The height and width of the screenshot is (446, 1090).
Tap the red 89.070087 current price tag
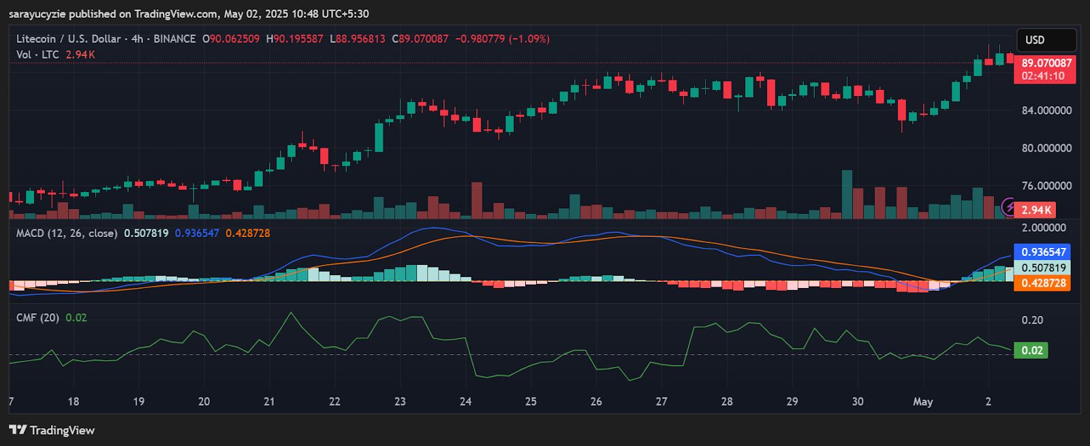1046,63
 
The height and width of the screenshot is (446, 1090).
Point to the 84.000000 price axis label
1046,110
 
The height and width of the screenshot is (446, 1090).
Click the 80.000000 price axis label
1046,148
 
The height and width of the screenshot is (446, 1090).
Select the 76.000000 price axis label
1046,185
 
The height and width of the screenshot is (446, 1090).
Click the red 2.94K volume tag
1035,210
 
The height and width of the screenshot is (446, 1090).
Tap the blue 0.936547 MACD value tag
1043,252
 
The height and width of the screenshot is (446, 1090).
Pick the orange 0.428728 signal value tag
1043,283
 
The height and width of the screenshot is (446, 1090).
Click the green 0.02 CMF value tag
1031,350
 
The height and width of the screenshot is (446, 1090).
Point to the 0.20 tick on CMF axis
1032,320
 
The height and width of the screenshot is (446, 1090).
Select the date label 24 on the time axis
465,402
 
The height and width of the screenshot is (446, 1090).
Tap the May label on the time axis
922,402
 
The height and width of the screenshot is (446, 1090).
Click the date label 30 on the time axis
858,402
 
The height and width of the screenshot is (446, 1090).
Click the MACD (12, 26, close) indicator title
67,233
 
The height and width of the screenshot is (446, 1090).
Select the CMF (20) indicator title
37,317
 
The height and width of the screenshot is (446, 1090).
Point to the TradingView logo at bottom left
52,430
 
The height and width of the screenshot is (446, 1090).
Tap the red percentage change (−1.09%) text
529,39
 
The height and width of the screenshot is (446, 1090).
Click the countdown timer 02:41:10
1043,76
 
